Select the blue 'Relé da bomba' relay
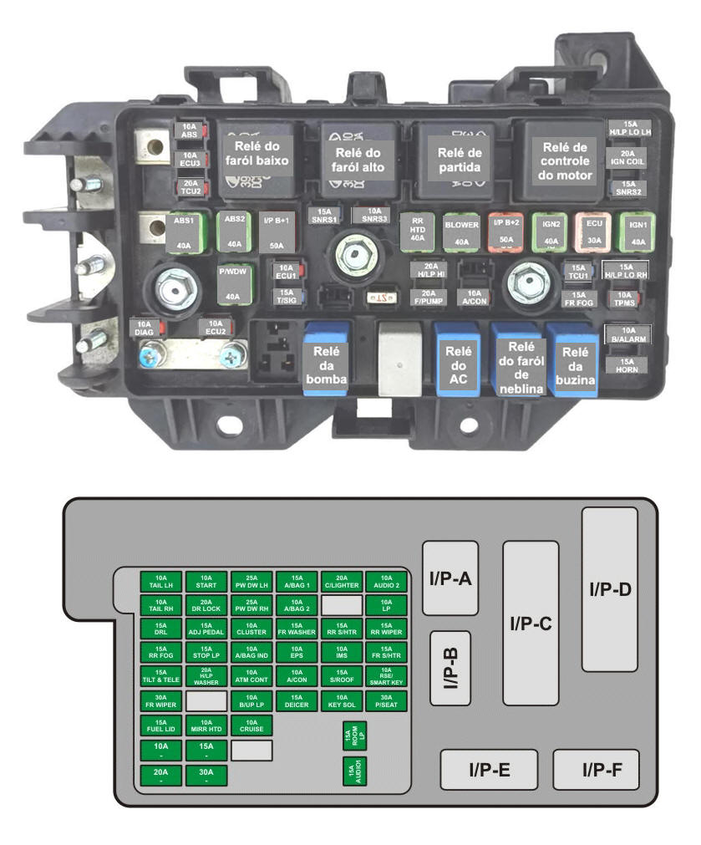[x=326, y=360]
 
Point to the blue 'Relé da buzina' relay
[x=572, y=362]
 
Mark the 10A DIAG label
[x=145, y=327]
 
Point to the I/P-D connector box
[x=609, y=588]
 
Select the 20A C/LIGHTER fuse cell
[x=342, y=582]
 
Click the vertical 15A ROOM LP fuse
[x=355, y=738]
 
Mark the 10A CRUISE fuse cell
[x=251, y=725]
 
